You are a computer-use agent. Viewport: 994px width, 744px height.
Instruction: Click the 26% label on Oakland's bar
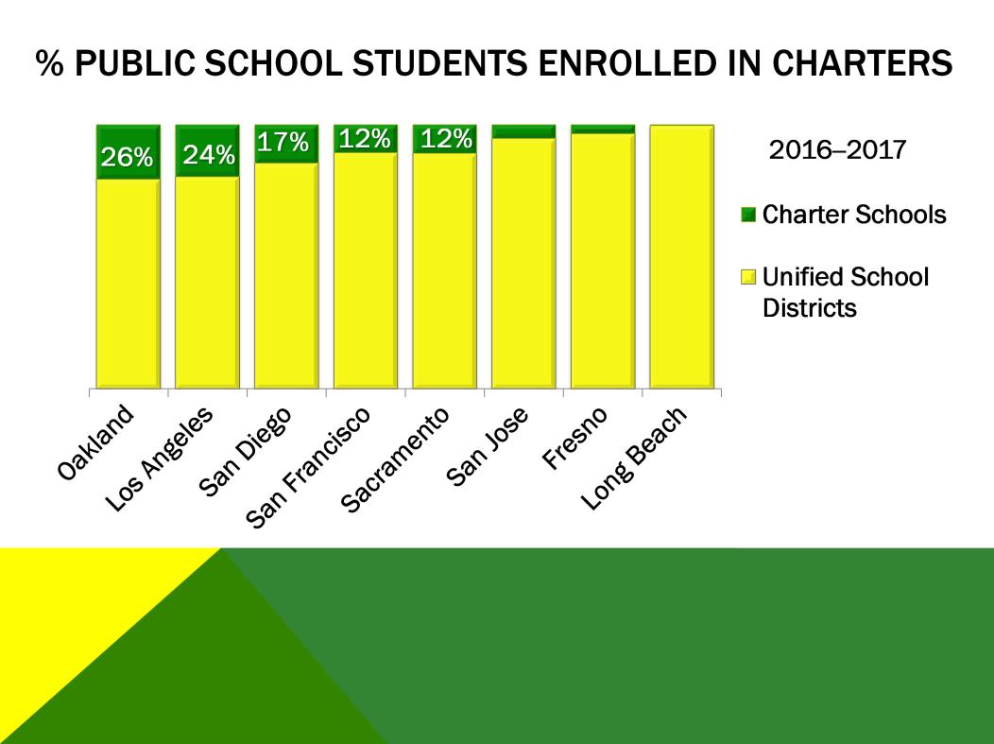pos(128,158)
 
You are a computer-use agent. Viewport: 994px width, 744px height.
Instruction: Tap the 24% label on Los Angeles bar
pos(208,155)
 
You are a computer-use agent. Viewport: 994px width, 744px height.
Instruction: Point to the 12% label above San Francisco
pos(365,139)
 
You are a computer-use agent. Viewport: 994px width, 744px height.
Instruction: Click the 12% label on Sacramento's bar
pos(444,139)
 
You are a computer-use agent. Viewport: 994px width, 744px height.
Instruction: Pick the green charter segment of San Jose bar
pos(523,131)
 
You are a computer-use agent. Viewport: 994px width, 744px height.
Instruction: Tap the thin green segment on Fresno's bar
pos(603,129)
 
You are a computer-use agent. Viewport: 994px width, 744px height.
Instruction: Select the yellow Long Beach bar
pos(681,255)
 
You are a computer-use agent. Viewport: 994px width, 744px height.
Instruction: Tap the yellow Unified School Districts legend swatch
pos(748,278)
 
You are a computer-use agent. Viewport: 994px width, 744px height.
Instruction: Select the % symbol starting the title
pos(47,64)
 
